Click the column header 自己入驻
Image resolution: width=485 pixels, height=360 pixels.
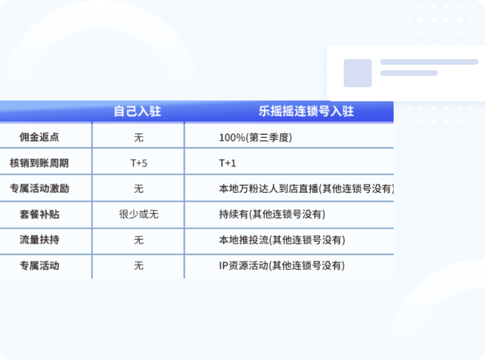(137, 111)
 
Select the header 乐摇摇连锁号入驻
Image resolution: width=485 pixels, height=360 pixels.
(306, 111)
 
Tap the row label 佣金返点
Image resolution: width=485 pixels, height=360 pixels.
(39, 137)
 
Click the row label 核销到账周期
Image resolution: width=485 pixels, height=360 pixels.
(39, 163)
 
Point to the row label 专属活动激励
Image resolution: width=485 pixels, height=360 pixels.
(39, 188)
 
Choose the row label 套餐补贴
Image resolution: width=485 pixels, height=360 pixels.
(39, 214)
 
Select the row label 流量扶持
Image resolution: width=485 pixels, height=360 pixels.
(39, 240)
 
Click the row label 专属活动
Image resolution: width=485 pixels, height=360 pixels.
(39, 266)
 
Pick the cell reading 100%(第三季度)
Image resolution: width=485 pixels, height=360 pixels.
(255, 137)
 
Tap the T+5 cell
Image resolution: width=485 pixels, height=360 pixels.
(139, 163)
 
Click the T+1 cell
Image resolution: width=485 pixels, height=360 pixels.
(227, 163)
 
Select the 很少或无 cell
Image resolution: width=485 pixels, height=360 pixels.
(139, 214)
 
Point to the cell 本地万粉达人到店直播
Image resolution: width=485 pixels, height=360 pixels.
(306, 188)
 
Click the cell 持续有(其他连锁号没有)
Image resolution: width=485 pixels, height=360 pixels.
(272, 214)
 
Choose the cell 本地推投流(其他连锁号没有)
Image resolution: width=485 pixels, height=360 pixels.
(282, 240)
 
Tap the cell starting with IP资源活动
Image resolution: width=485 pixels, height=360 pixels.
(282, 265)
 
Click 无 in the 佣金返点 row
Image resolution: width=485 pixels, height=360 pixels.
(139, 137)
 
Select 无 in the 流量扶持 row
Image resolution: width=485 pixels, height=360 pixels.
(139, 240)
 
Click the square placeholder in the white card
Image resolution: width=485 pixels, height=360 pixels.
(358, 73)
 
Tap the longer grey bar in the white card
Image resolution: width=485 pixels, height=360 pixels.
(429, 62)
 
